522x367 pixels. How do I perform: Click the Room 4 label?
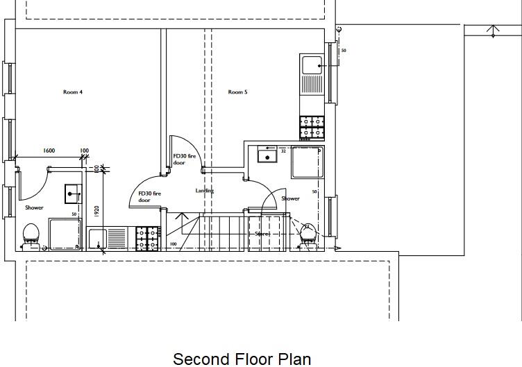click(x=73, y=92)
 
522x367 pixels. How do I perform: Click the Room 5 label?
click(x=237, y=92)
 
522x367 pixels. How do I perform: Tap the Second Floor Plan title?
click(x=242, y=358)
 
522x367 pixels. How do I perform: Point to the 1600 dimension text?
click(x=49, y=151)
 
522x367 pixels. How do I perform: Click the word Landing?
click(x=205, y=191)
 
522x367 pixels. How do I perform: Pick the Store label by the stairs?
click(x=261, y=234)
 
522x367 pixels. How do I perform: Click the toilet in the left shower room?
click(x=31, y=234)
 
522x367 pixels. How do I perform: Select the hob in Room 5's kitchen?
click(x=312, y=128)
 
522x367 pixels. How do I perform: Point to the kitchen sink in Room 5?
click(x=312, y=67)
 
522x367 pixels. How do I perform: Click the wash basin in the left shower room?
click(x=72, y=194)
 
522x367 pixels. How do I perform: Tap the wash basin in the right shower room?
click(x=266, y=155)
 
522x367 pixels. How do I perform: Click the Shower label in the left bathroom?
click(x=34, y=207)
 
